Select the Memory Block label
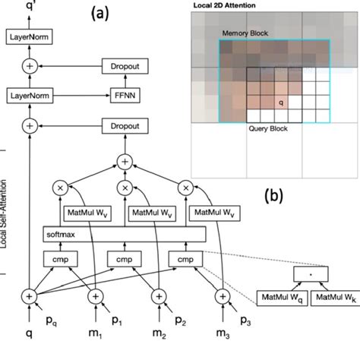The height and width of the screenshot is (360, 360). click(x=245, y=35)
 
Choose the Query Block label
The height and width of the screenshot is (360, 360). click(x=267, y=129)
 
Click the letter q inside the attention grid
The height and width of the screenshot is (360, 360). click(x=281, y=99)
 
